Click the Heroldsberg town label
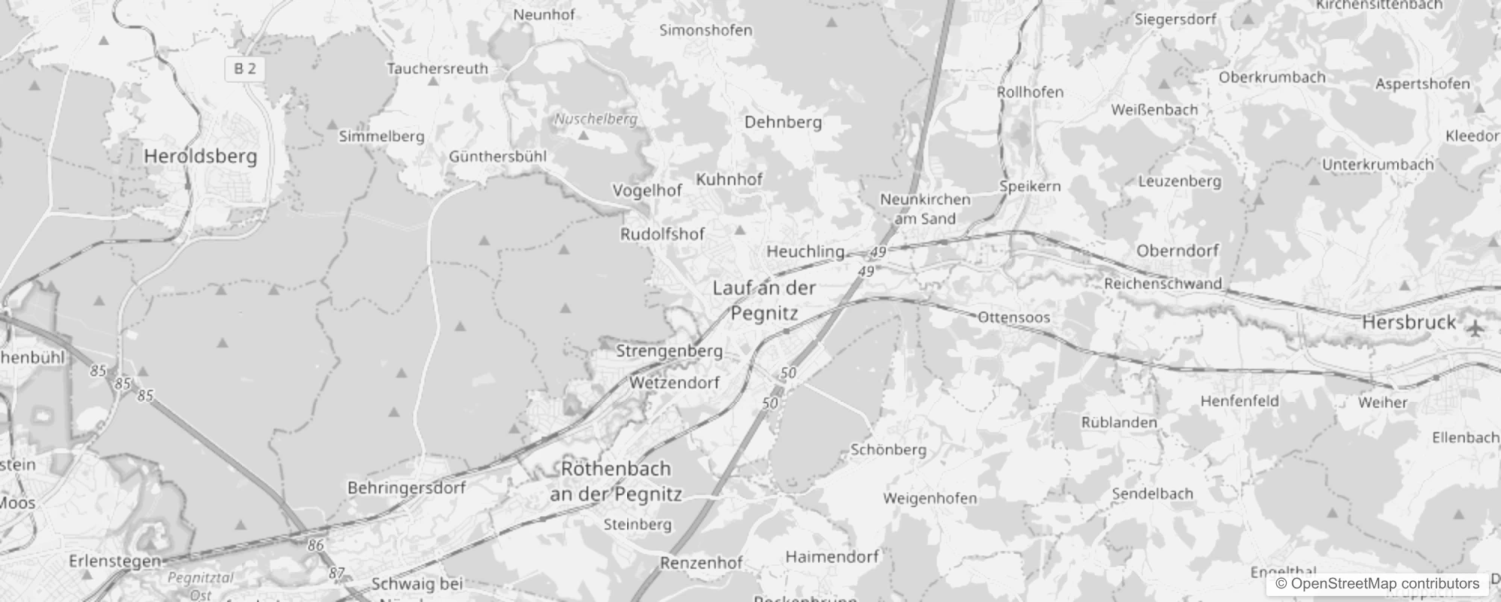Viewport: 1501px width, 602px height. (200, 157)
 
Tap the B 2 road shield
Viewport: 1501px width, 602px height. (244, 69)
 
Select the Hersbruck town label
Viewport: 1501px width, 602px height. (1409, 322)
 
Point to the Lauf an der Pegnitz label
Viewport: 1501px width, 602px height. (764, 300)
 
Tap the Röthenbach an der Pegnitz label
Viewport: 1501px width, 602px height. (616, 481)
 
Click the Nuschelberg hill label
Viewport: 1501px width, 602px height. (596, 119)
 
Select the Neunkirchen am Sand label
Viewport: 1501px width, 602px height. (925, 209)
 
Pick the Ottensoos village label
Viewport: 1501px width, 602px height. (1014, 318)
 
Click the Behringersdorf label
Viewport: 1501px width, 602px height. (406, 488)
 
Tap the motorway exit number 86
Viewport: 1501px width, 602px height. (316, 545)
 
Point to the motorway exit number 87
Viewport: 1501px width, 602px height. (336, 573)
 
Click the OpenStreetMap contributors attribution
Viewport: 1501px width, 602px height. (1377, 584)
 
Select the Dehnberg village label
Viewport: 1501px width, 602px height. (783, 122)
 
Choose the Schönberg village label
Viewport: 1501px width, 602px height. (888, 450)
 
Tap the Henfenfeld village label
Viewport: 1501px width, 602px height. (1239, 401)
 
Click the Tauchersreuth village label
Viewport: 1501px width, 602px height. (437, 68)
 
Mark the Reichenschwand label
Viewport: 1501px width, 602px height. (1163, 284)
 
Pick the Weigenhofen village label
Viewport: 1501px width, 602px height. (929, 498)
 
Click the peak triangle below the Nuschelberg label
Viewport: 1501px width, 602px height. (584, 135)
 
